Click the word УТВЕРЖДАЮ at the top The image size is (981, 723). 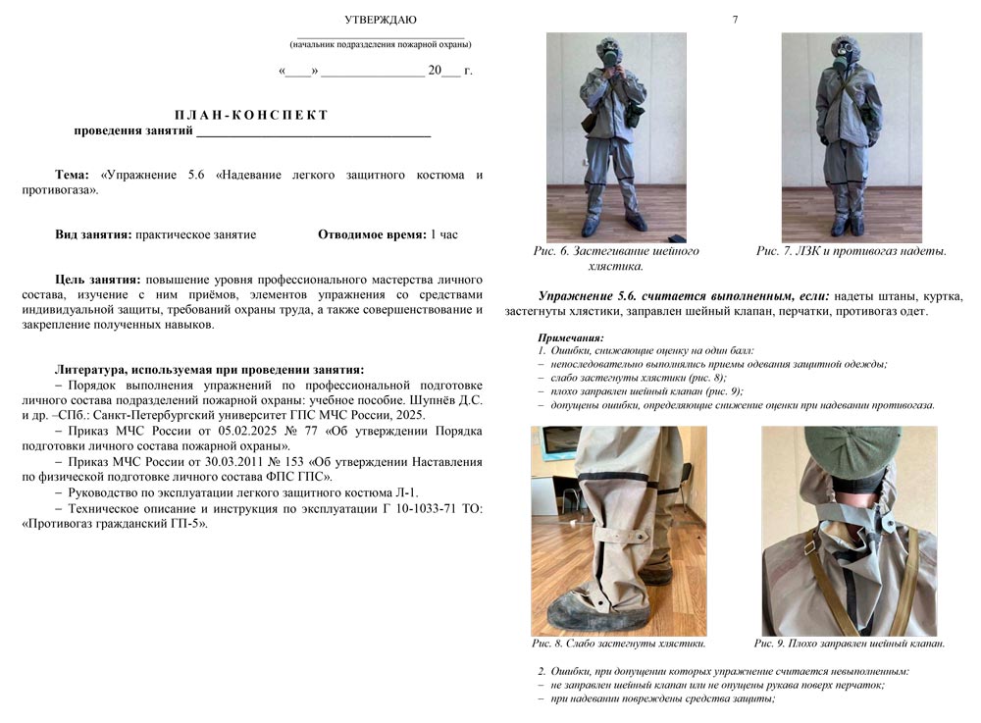(381, 20)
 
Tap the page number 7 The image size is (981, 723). (735, 20)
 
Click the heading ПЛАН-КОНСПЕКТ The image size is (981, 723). (251, 115)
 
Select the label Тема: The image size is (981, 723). (73, 175)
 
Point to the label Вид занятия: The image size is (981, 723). (93, 234)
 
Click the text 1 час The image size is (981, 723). (443, 234)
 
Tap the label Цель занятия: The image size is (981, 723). (98, 280)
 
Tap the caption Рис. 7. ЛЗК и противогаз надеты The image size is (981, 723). (851, 251)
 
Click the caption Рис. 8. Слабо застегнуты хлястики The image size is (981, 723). (619, 644)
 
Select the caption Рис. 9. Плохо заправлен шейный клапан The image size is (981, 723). (850, 644)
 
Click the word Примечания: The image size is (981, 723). (572, 337)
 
